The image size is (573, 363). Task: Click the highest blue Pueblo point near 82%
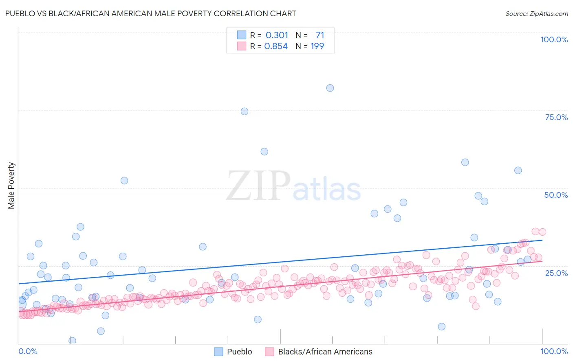click(330, 88)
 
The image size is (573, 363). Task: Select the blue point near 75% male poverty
click(245, 112)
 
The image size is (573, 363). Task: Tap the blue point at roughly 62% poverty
click(264, 151)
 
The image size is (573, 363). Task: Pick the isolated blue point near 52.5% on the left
click(124, 181)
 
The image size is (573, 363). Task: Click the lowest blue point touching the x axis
click(72, 341)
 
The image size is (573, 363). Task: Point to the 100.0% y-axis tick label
click(554, 39)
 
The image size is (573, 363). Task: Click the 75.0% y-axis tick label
click(556, 117)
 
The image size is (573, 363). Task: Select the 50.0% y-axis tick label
click(556, 195)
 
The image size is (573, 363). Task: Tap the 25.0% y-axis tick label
click(556, 273)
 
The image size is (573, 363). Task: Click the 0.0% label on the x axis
click(28, 351)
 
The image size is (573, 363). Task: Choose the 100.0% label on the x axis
click(554, 351)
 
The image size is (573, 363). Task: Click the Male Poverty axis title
click(11, 186)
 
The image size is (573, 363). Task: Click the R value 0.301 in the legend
click(277, 35)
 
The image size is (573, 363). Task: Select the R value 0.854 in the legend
click(276, 46)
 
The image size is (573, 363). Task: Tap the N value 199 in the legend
click(317, 46)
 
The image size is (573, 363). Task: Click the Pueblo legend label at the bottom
click(239, 352)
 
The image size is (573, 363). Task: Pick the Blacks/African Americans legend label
click(325, 352)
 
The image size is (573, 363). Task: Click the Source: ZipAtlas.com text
click(536, 13)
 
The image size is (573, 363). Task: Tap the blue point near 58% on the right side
click(465, 162)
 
